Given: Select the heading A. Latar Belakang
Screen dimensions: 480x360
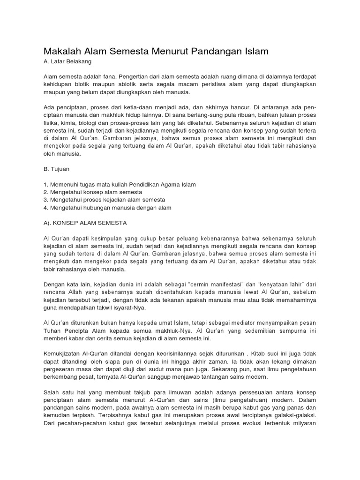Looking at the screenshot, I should [x=67, y=61].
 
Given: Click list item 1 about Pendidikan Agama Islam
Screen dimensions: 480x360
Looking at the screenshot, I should [x=120, y=185].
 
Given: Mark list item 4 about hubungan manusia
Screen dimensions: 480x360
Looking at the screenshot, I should [x=107, y=207].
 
